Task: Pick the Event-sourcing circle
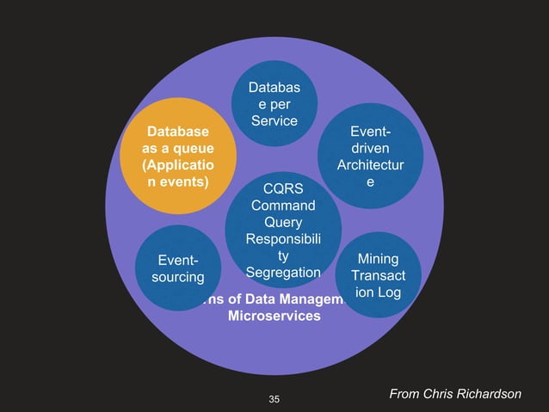(x=177, y=268)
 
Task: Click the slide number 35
(x=274, y=398)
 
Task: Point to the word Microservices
(x=274, y=317)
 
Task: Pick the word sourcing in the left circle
(x=177, y=277)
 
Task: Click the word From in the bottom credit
(x=404, y=393)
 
